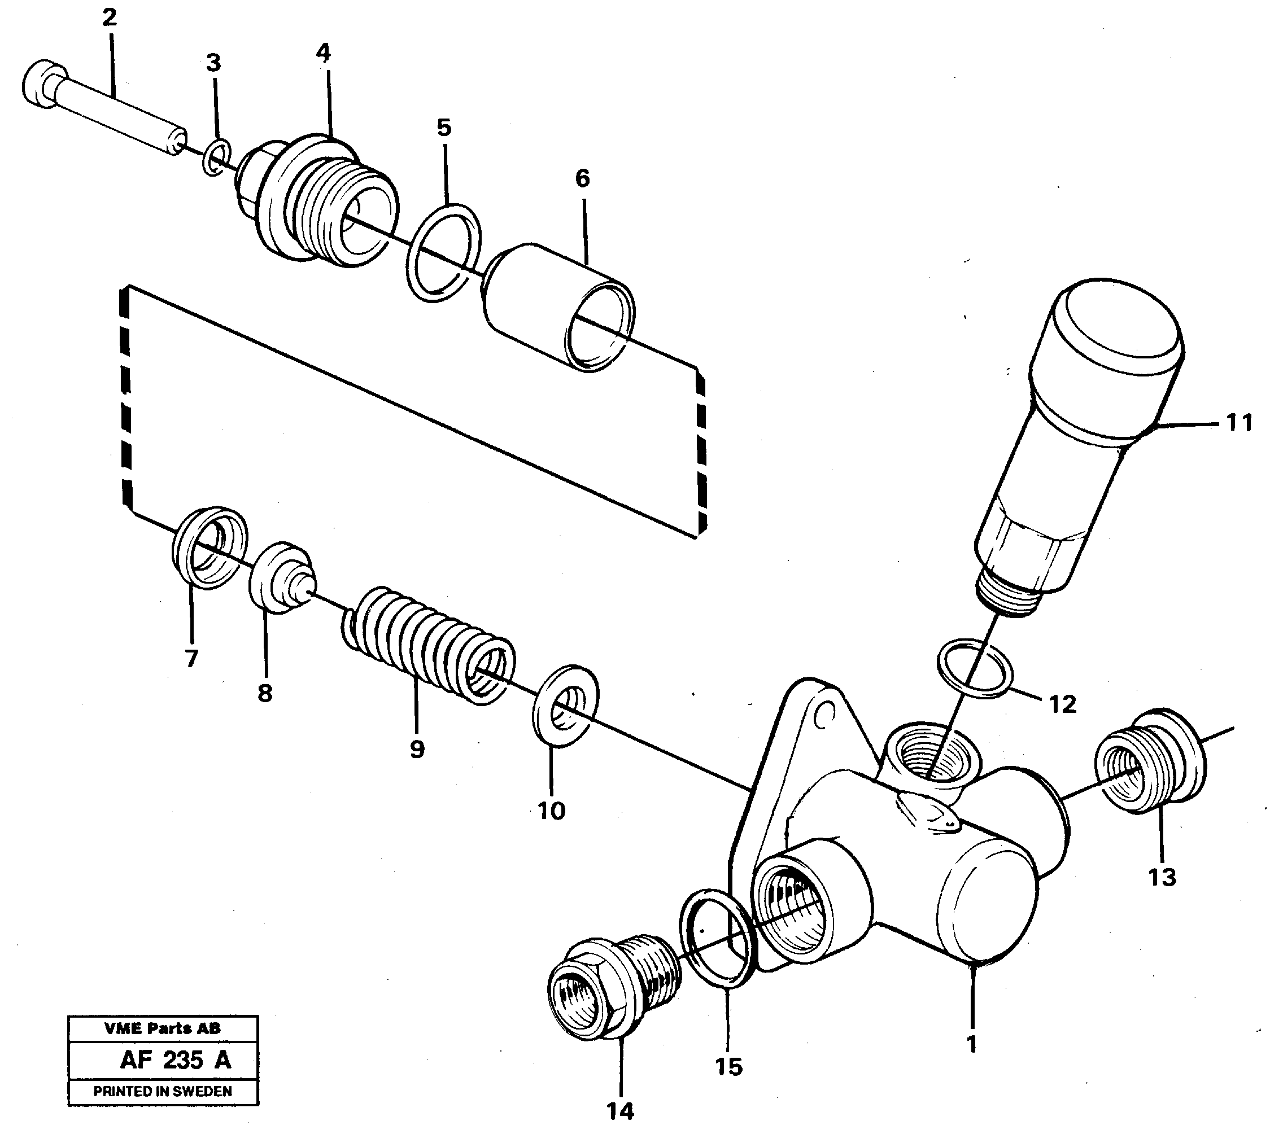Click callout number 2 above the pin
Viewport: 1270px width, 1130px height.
click(x=110, y=18)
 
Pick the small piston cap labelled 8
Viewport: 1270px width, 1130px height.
click(x=281, y=577)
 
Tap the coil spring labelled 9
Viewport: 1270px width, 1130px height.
click(x=429, y=646)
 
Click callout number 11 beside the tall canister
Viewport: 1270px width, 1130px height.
click(x=1238, y=423)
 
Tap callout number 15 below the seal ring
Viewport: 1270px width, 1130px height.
click(x=728, y=1067)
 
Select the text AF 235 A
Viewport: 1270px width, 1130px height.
click(x=175, y=1060)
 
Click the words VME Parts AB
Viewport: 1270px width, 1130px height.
click(x=162, y=1028)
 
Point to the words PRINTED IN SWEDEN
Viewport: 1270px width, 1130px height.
click(x=162, y=1091)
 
